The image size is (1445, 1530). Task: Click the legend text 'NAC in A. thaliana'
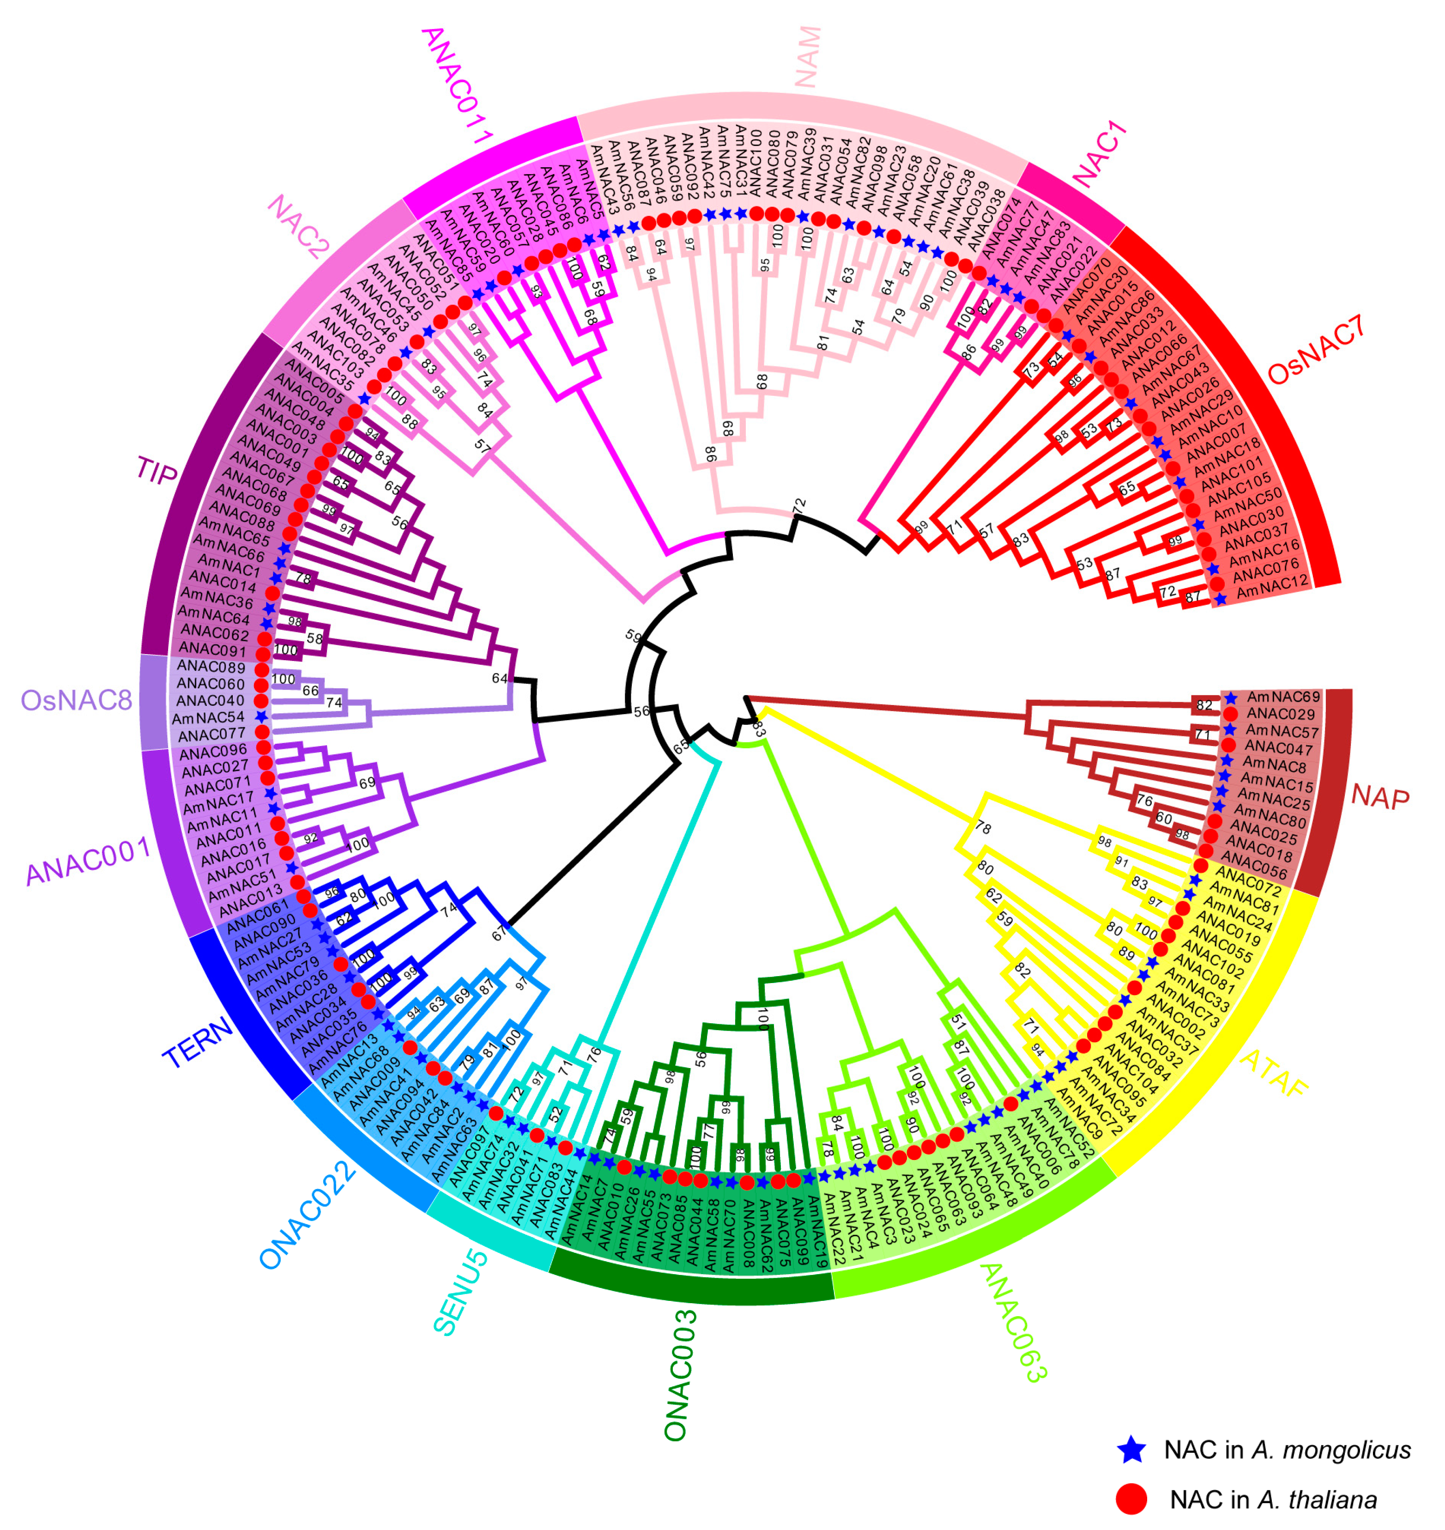click(x=1272, y=1499)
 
